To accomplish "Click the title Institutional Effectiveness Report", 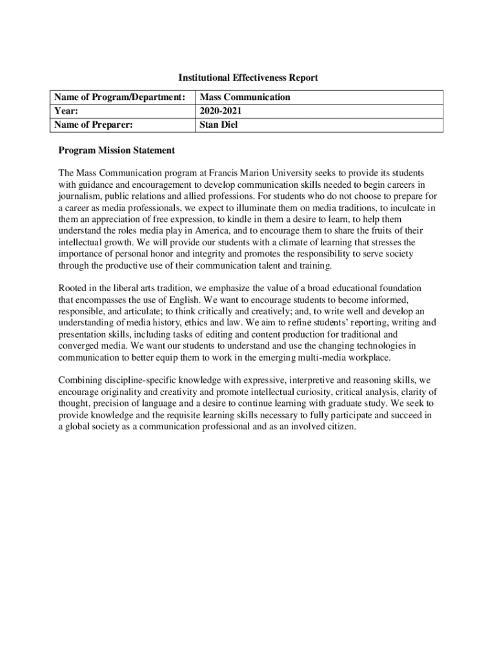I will (248, 78).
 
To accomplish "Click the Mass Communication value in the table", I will (245, 97).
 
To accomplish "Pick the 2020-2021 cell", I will (221, 111).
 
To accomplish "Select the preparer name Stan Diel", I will (219, 125).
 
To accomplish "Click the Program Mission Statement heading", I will (116, 150).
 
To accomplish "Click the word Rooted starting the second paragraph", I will (73, 289).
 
